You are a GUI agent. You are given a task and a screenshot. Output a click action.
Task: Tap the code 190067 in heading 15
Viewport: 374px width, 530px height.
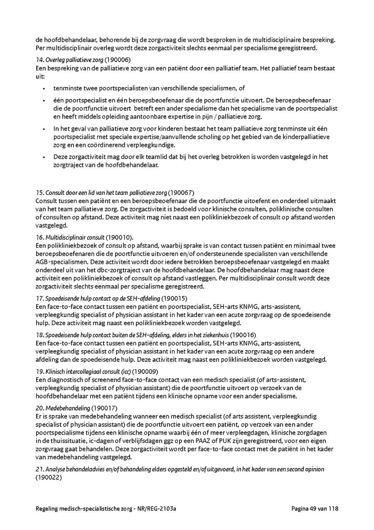click(181, 192)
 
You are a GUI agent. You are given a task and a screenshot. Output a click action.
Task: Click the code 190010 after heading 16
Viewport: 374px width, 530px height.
click(119, 238)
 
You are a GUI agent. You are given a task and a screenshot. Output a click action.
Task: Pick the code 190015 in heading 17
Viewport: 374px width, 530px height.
click(174, 298)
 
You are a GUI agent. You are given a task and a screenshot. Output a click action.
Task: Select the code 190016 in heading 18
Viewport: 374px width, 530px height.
click(243, 335)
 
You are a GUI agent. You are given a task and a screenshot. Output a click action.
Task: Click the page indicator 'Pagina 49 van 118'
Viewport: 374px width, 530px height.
click(314, 509)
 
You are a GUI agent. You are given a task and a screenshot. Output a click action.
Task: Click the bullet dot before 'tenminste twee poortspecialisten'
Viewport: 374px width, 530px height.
click(44, 88)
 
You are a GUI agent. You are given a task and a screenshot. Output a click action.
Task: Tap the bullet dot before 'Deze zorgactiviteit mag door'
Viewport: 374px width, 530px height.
click(44, 157)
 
